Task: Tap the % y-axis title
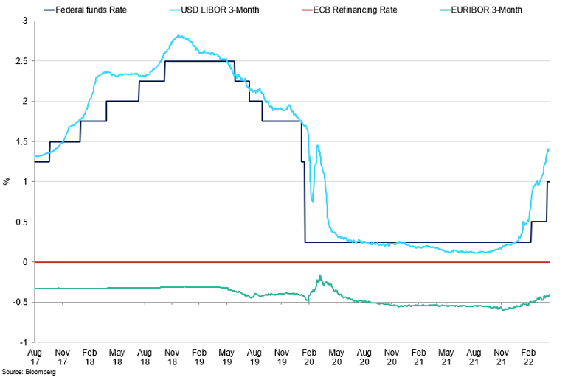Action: coord(7,181)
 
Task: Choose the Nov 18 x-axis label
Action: coord(173,357)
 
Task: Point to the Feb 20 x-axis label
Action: coord(309,357)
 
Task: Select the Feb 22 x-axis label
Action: coord(528,357)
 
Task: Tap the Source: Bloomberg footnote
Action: coord(30,372)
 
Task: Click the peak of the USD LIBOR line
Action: coord(179,35)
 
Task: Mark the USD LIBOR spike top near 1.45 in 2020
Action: coord(317,145)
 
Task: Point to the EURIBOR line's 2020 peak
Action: coord(320,275)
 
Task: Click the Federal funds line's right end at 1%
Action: coord(550,181)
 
